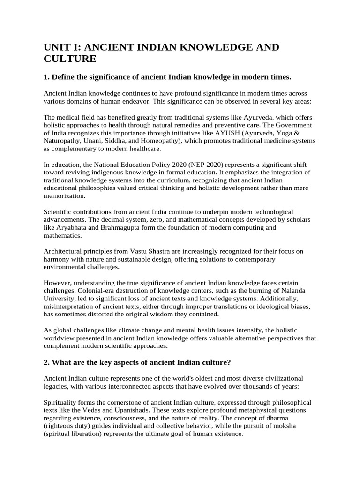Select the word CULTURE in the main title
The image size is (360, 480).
pyautogui.click(x=70, y=59)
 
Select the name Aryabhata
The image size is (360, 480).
pyautogui.click(x=70, y=228)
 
